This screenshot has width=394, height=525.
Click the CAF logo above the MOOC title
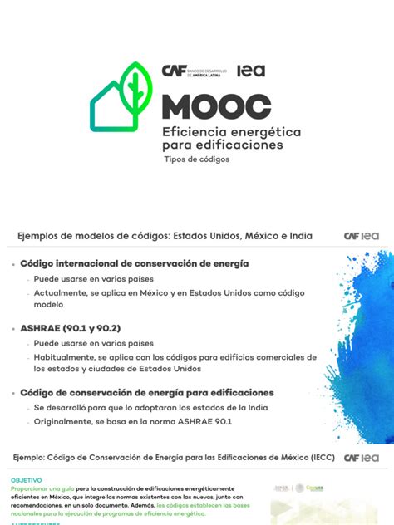coord(175,71)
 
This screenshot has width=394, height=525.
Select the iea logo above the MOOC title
coord(251,71)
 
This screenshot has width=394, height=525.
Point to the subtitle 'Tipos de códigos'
coord(197,159)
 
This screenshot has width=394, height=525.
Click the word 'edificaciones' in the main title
coord(237,144)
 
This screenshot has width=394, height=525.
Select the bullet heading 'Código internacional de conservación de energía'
coord(134,263)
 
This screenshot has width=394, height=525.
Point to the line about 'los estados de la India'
coord(138,409)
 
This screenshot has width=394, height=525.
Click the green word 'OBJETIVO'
coord(26,480)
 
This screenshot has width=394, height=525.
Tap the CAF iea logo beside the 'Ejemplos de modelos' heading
coord(362,236)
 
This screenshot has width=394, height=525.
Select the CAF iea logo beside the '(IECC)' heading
coord(362,457)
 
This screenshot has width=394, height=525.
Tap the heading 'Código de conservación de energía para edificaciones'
coord(147,392)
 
